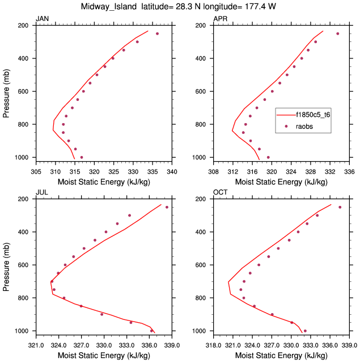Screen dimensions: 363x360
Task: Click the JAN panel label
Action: point(42,19)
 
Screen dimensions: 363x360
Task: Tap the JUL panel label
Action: point(41,193)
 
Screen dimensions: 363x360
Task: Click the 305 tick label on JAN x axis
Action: point(36,171)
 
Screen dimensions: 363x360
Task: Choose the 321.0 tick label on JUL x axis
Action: point(36,345)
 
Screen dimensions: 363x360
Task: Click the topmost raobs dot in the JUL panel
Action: point(167,207)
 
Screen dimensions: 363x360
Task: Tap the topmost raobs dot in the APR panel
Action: point(338,33)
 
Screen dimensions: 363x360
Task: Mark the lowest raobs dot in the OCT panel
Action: point(305,331)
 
